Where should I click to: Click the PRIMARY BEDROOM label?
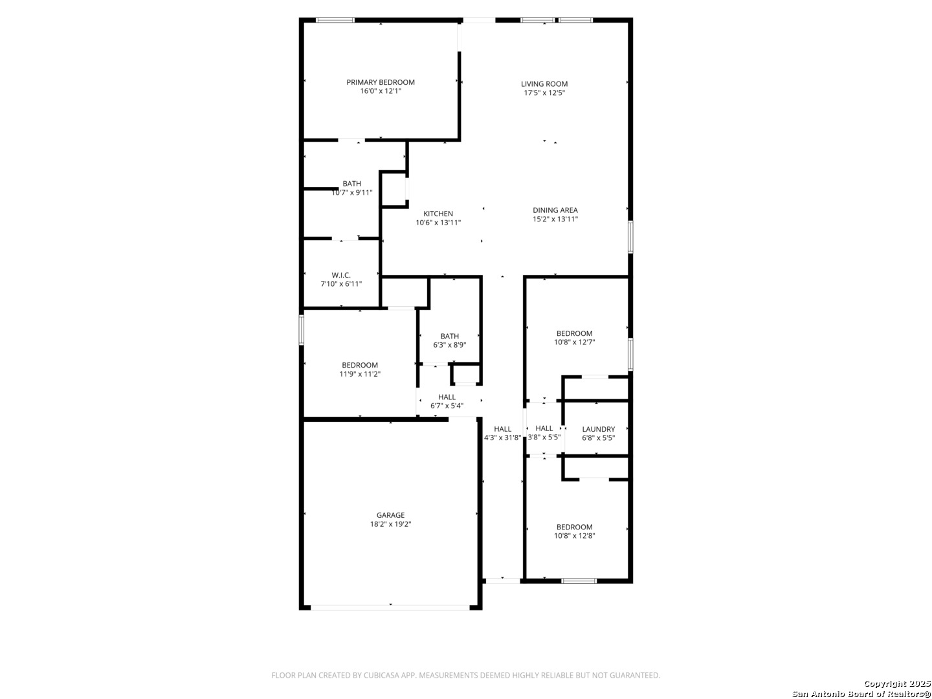[x=380, y=82]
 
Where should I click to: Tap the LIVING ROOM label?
[x=544, y=84]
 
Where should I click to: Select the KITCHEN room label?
[x=438, y=214]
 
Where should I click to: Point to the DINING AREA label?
[x=555, y=210]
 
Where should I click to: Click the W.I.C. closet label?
[x=341, y=275]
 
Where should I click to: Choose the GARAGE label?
[x=390, y=515]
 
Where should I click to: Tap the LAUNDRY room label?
[x=598, y=429]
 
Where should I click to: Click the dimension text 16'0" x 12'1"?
[x=381, y=91]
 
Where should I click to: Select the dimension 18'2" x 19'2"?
[x=390, y=524]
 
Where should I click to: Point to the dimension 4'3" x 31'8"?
[x=502, y=438]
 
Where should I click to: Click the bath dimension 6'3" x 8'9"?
[x=449, y=345]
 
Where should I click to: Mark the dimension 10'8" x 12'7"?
[x=574, y=342]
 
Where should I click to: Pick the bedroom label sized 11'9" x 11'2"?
[x=360, y=365]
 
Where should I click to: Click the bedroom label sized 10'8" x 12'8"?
[x=574, y=527]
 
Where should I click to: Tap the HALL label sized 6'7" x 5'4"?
[x=447, y=397]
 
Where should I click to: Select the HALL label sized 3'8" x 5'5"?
[x=544, y=428]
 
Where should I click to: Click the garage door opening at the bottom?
[x=390, y=608]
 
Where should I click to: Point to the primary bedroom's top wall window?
[x=335, y=20]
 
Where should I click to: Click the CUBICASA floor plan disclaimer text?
[x=465, y=675]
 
